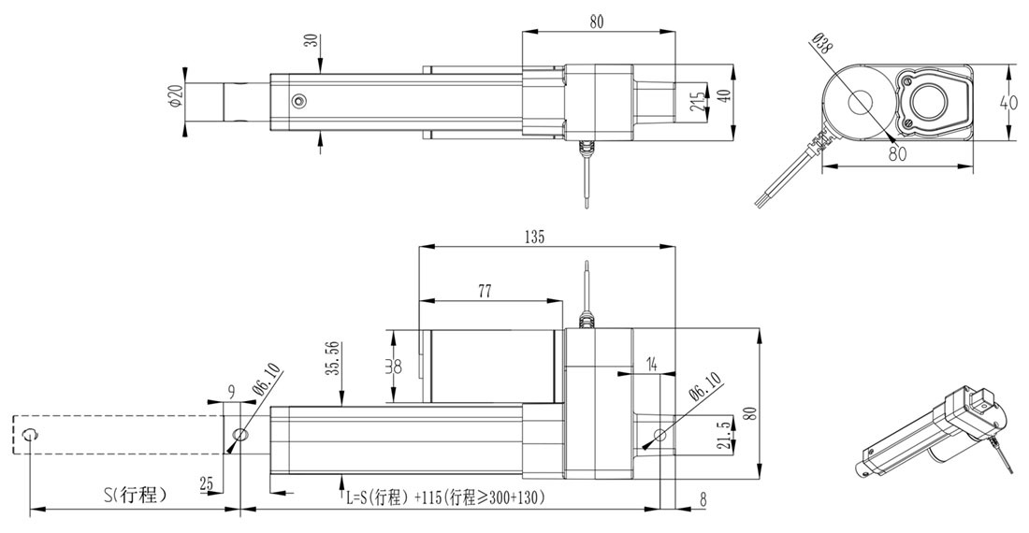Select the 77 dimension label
tap(485, 291)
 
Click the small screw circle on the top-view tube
tap(298, 101)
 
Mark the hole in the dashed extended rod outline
tap(32, 434)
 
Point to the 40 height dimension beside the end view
tap(1007, 102)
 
